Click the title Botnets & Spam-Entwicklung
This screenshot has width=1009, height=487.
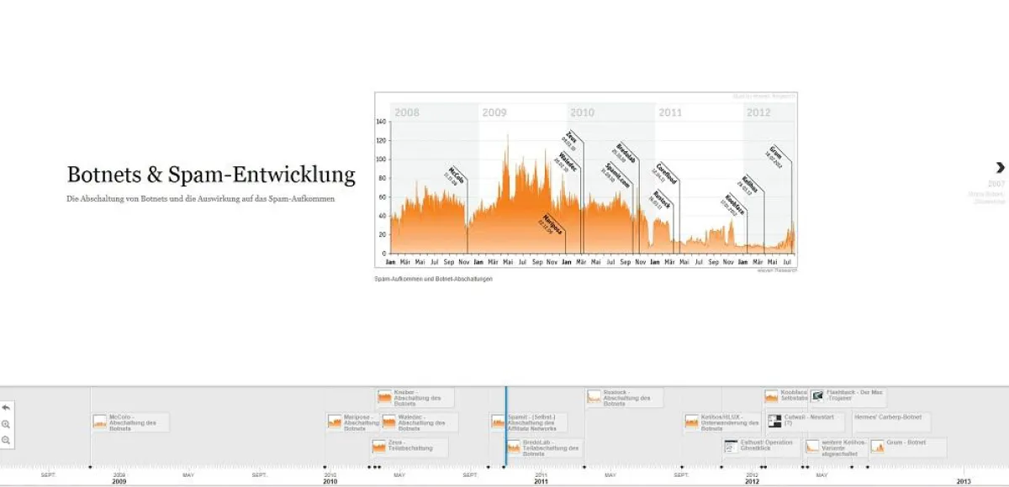[211, 175]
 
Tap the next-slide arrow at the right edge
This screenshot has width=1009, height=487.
[1000, 168]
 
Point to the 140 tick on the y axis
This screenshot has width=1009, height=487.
[381, 122]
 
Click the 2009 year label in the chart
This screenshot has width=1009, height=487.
[494, 113]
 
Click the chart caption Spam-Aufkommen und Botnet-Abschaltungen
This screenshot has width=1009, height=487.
[433, 279]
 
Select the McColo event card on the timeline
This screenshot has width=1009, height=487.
[130, 422]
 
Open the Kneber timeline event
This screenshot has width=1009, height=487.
[415, 397]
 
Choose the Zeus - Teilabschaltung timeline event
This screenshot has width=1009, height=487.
[409, 448]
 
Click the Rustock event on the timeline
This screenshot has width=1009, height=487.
[625, 397]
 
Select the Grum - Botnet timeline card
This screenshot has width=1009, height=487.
[908, 448]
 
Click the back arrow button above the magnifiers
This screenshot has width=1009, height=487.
[6, 407]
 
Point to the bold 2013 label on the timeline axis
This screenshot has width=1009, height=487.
[964, 481]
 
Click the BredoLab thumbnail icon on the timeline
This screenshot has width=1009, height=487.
[514, 447]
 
